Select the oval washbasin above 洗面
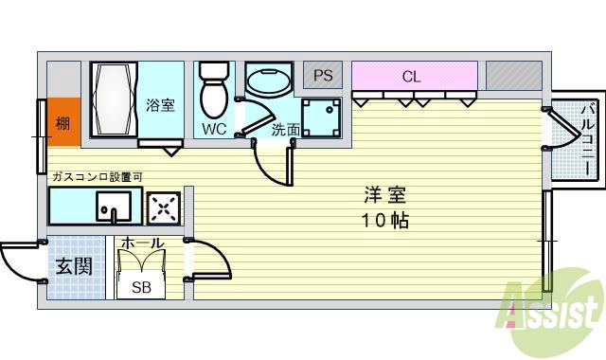[269, 82]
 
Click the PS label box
[322, 74]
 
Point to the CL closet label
[411, 76]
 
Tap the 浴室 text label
[160, 105]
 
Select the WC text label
[213, 130]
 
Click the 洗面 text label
[285, 130]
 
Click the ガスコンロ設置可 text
[97, 177]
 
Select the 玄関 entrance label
[74, 266]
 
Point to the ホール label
[142, 244]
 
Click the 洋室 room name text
[384, 196]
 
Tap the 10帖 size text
[384, 223]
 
